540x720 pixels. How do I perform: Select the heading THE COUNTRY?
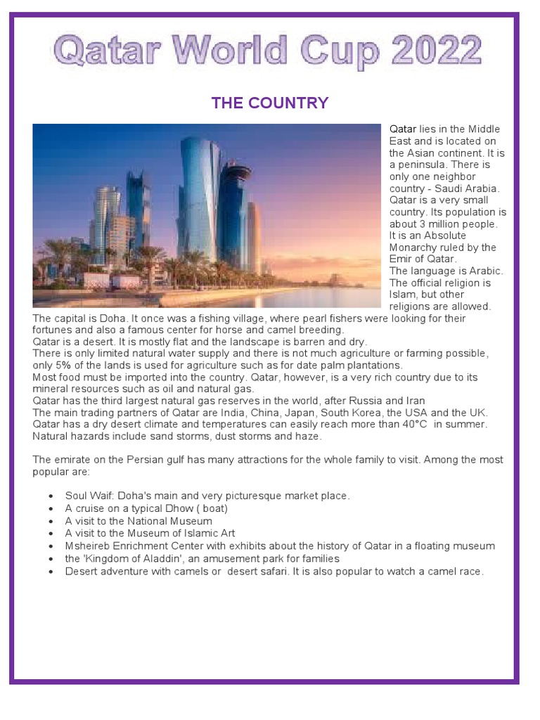(x=270, y=103)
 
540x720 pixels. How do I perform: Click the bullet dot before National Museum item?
(x=51, y=522)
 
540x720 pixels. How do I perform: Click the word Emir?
(x=403, y=259)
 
